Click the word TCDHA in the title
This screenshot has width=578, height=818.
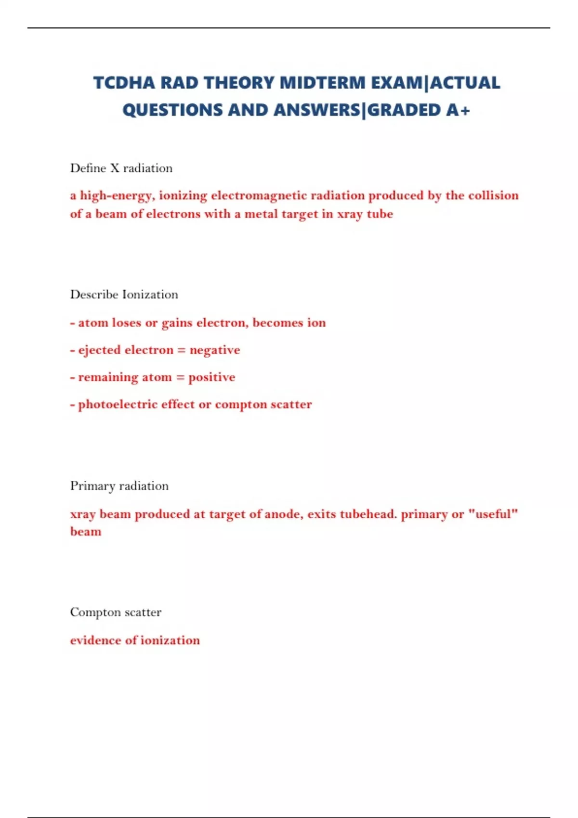(124, 83)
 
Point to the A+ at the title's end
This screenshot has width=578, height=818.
(458, 110)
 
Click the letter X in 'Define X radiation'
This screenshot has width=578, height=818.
(115, 168)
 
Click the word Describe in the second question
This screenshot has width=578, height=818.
(94, 294)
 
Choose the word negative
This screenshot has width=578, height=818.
(215, 350)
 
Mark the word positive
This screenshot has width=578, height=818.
(212, 377)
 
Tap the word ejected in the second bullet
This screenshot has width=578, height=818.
(100, 350)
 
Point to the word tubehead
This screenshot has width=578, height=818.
(368, 514)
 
